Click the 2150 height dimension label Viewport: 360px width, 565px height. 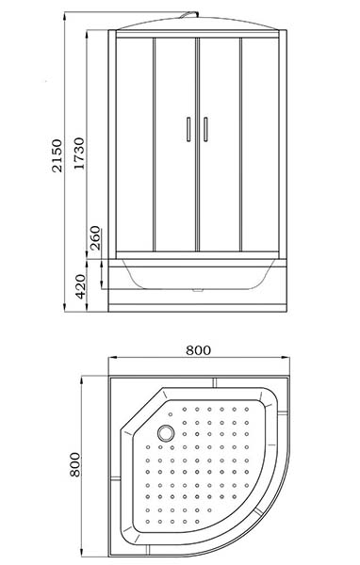(57, 155)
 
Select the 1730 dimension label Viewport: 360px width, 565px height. (78, 153)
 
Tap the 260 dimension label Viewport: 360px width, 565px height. (95, 238)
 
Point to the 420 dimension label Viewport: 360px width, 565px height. (81, 286)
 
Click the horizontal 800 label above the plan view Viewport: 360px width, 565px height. (198, 350)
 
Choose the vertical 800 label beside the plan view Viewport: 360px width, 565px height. (75, 464)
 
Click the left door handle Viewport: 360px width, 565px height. (188, 129)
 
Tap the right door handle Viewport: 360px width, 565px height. (205, 129)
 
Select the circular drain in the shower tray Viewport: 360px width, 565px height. (166, 433)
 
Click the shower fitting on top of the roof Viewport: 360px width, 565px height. (189, 14)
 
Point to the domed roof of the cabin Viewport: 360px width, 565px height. (197, 23)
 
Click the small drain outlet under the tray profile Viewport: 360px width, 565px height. (197, 289)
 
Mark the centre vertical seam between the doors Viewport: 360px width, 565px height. (197, 144)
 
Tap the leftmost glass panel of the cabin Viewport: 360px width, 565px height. (135, 144)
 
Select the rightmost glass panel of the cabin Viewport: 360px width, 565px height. (260, 144)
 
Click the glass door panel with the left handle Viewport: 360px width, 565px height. (175, 144)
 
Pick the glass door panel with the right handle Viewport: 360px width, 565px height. (220, 144)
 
